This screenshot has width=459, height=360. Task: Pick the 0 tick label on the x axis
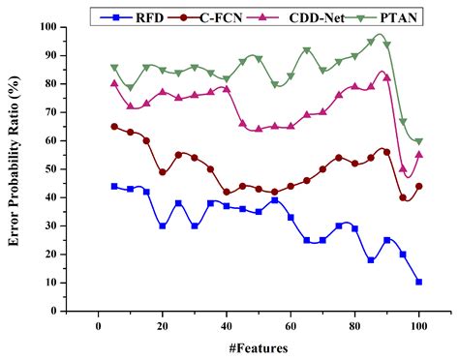pos(99,325)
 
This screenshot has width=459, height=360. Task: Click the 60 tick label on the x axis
pos(290,325)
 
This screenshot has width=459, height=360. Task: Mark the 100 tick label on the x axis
pos(418,325)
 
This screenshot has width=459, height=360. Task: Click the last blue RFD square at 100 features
pos(418,282)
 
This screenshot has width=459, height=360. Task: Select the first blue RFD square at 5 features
pos(114,186)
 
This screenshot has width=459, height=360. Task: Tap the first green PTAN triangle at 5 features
pos(114,68)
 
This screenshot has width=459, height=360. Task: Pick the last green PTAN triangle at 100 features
pos(418,141)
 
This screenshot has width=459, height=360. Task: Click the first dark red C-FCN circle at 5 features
pos(114,127)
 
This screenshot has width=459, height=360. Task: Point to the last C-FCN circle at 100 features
pos(418,186)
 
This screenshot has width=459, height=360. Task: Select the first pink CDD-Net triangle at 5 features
pos(114,83)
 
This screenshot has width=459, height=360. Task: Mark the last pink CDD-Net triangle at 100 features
pos(418,154)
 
